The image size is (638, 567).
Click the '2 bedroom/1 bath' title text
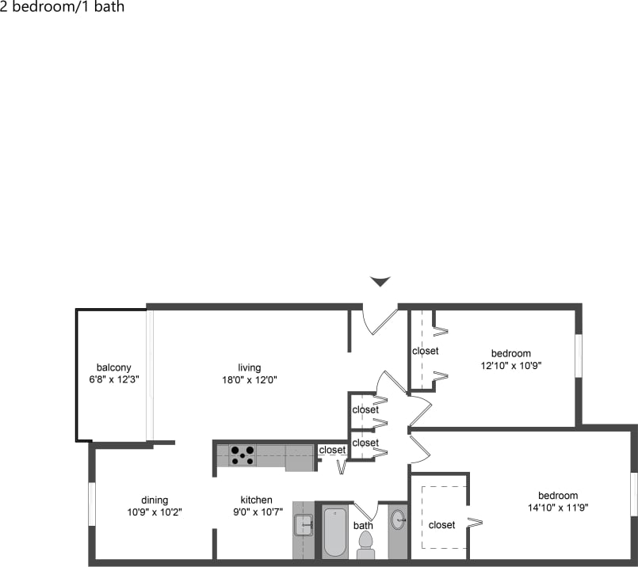click(x=63, y=8)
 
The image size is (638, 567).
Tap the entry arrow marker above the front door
click(x=381, y=281)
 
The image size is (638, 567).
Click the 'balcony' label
click(x=113, y=367)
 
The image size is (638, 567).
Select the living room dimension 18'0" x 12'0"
click(x=250, y=379)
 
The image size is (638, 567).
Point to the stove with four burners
click(x=243, y=455)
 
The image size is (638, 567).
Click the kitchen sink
click(x=304, y=524)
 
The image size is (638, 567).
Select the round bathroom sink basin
click(x=398, y=519)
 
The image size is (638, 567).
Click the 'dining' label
click(x=155, y=500)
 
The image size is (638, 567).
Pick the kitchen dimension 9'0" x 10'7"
click(x=257, y=512)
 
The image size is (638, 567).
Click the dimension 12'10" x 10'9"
click(x=511, y=365)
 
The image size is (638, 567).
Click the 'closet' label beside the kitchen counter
click(x=332, y=450)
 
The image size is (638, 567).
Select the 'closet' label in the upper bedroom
click(x=425, y=351)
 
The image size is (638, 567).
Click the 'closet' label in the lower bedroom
click(x=441, y=524)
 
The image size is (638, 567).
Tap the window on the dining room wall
click(x=92, y=503)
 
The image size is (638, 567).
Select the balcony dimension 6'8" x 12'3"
click(x=113, y=379)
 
